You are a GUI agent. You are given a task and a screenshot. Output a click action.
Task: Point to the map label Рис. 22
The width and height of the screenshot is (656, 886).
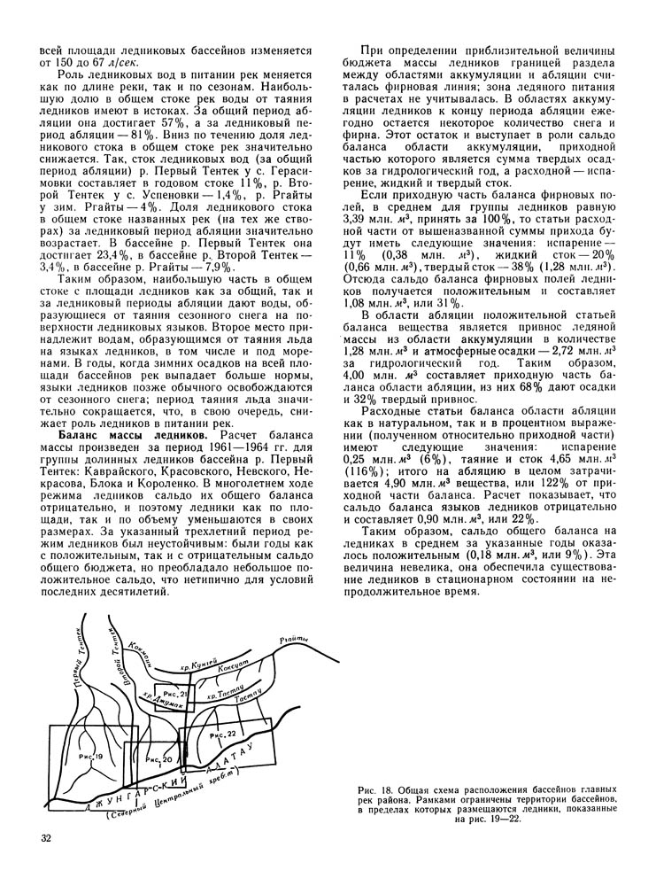[x=221, y=735]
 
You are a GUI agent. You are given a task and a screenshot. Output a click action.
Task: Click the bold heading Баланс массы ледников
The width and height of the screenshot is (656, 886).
[x=120, y=435]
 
